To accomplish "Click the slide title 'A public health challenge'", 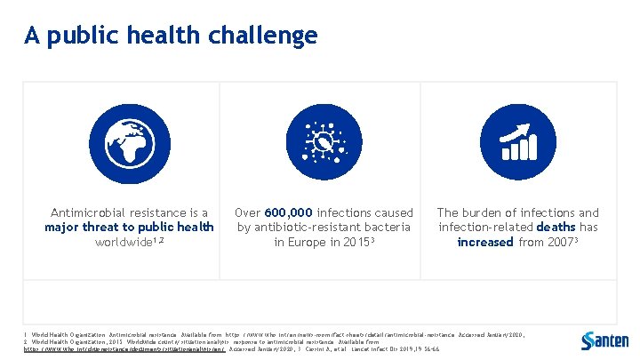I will click(170, 36).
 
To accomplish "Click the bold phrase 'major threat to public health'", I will click(130, 228).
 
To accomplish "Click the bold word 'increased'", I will click(485, 243).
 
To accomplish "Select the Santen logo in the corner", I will click(604, 340).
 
